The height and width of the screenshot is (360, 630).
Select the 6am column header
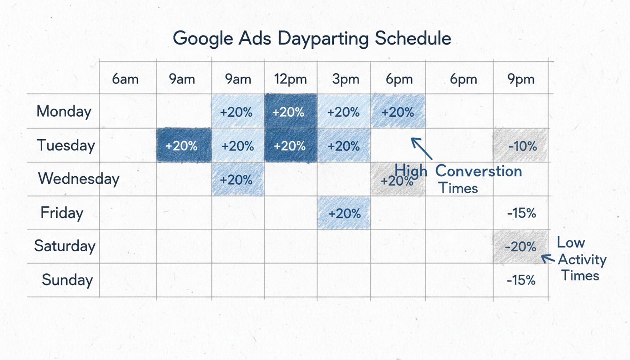point(125,79)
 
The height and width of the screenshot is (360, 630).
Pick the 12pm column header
point(291,79)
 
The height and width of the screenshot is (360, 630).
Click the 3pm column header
point(345,79)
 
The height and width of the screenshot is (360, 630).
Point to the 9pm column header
point(521,79)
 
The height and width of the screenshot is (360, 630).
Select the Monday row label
point(64,112)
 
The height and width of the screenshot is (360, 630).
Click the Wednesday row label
point(79,179)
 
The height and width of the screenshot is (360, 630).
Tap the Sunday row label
point(67,280)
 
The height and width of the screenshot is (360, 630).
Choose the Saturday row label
point(65,246)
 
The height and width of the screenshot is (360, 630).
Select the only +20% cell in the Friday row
point(345,213)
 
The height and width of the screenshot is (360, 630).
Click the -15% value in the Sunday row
point(521,280)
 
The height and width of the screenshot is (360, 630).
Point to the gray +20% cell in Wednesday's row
point(397,180)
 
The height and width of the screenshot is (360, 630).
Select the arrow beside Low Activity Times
point(547,258)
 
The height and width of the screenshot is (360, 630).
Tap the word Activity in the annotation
point(582,260)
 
